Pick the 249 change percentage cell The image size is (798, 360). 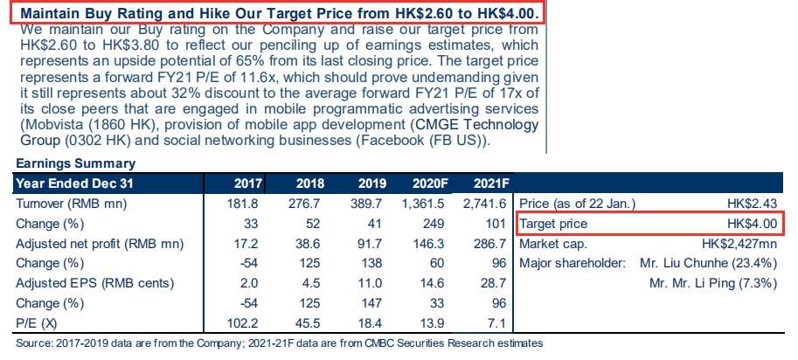(441, 223)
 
